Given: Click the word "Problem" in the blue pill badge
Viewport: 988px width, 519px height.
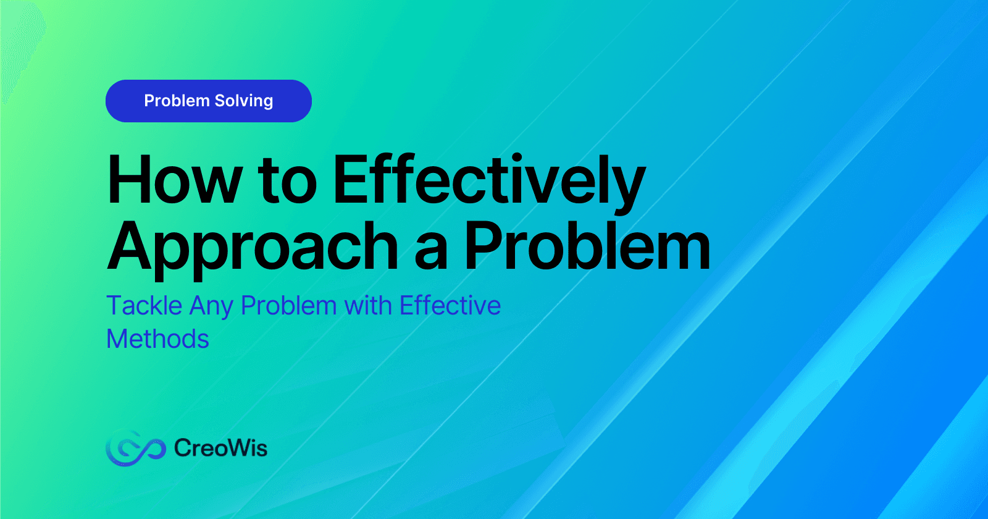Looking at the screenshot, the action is click(177, 101).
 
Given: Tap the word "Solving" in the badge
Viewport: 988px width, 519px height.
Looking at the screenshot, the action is click(244, 101).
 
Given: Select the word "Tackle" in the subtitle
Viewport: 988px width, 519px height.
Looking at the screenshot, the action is click(144, 305).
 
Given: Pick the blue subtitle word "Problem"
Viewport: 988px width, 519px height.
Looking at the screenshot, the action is click(289, 305).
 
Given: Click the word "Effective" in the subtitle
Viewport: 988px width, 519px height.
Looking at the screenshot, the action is click(450, 305).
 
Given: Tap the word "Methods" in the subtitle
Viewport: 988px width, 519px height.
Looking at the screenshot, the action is click(157, 339).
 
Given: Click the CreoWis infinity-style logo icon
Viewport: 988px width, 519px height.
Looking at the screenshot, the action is click(135, 448).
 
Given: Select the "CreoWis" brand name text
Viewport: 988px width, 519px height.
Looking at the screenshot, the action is click(220, 448).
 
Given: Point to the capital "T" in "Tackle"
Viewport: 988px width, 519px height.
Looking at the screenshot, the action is click(115, 305).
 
